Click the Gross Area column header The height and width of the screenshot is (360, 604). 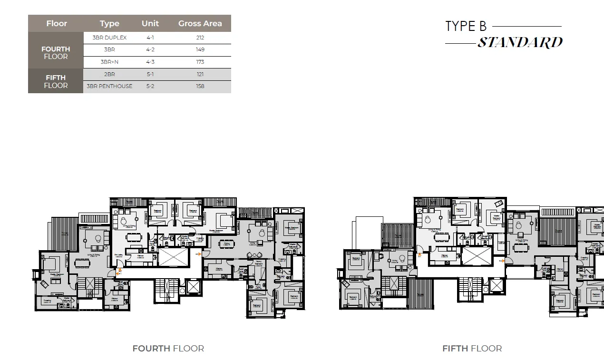(x=200, y=23)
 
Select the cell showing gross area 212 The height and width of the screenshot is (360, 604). (x=200, y=38)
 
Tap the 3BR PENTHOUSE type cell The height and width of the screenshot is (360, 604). (x=109, y=86)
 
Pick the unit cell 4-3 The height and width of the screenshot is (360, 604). (x=150, y=62)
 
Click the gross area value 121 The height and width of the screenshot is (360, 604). (x=200, y=74)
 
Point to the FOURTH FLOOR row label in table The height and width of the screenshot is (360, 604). (x=56, y=52)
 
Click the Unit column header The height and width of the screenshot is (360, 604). (x=150, y=23)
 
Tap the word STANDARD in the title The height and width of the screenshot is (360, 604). (x=520, y=43)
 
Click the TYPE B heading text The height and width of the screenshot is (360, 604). (x=466, y=26)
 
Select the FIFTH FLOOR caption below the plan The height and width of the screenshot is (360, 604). (x=472, y=349)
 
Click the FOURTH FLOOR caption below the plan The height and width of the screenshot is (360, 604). (x=168, y=349)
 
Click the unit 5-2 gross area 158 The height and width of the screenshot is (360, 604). (x=200, y=86)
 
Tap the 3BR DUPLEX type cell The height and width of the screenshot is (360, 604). (x=110, y=38)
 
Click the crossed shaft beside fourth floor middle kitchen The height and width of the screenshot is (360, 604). (x=173, y=257)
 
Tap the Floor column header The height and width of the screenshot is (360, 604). (x=57, y=23)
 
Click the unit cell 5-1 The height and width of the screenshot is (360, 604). (x=150, y=74)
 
